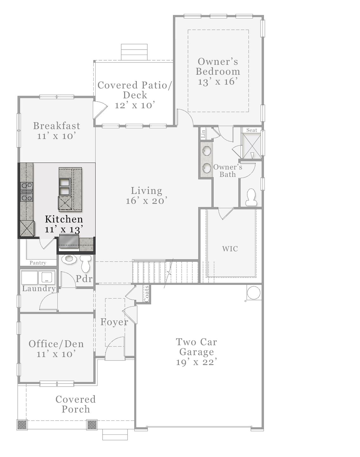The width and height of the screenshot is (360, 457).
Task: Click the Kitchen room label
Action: (64, 219)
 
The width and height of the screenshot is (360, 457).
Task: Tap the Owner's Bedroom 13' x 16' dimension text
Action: (218, 82)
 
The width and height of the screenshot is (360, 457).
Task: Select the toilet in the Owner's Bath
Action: (251, 197)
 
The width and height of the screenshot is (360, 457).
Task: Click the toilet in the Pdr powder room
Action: (86, 263)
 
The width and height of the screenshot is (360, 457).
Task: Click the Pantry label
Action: (38, 263)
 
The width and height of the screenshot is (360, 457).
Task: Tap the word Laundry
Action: (39, 288)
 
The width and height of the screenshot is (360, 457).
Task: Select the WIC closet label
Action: (230, 249)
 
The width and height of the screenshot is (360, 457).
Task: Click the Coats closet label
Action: (146, 294)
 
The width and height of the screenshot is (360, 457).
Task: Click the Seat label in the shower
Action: (252, 130)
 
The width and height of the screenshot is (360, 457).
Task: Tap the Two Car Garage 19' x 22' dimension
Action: (197, 362)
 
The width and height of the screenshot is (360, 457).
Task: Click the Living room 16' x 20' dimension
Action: (146, 201)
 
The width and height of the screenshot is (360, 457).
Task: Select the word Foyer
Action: (114, 322)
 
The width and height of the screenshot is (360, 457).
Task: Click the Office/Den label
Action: (56, 344)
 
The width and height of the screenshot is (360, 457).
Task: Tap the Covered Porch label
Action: (76, 404)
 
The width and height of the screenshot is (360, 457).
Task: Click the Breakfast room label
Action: (57, 126)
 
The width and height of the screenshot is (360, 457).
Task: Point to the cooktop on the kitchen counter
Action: (26, 192)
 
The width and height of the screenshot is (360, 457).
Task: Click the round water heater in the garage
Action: (253, 292)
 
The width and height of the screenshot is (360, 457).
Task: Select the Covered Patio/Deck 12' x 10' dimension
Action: (135, 105)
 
